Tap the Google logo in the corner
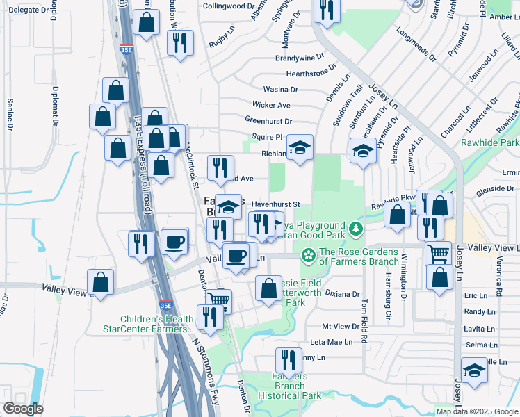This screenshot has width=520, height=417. point(23,409)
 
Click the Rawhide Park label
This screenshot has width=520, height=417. point(489,142)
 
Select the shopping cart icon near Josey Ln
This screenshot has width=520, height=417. point(438,254)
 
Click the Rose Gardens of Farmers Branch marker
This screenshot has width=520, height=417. point(307,256)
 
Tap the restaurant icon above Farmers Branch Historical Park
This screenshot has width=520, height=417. point(289,361)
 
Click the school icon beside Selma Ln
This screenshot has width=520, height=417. point(474,370)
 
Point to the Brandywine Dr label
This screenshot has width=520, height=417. point(300,58)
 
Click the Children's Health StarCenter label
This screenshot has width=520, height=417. point(148,324)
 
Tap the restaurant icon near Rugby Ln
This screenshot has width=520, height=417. point(180,43)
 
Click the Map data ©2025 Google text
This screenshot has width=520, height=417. point(476,411)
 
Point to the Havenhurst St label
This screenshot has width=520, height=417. point(275,204)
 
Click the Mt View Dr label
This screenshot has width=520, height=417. point(339,326)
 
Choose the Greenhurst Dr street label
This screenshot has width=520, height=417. point(267,120)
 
